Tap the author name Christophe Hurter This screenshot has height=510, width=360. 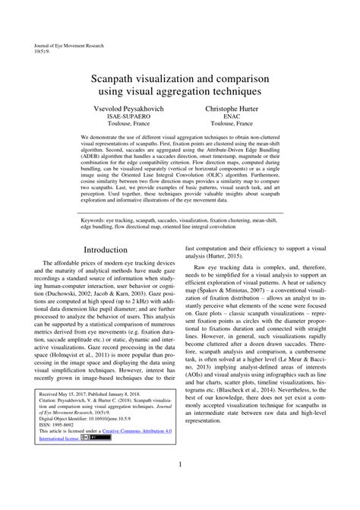click(x=233, y=109)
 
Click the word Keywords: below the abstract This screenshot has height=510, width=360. click(x=93, y=218)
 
